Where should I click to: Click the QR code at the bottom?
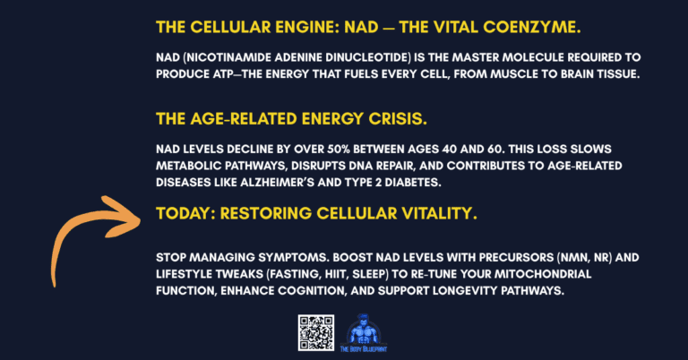click(314, 332)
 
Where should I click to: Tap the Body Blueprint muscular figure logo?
click(363, 330)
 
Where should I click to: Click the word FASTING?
click(296, 273)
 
